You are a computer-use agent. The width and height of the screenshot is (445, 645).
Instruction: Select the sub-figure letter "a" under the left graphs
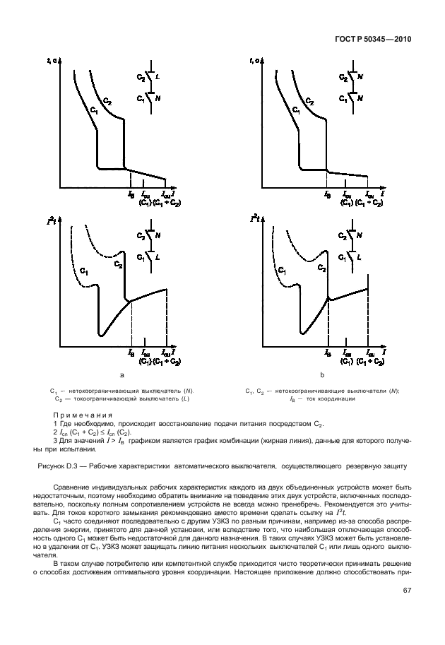(x=122, y=376)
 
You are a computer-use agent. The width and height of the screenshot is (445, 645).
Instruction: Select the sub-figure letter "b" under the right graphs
(x=323, y=376)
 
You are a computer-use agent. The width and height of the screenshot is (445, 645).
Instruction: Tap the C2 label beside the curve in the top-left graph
(x=107, y=101)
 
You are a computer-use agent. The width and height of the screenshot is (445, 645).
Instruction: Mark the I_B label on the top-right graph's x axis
(x=327, y=194)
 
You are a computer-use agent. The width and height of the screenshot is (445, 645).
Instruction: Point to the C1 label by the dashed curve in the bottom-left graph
(x=83, y=270)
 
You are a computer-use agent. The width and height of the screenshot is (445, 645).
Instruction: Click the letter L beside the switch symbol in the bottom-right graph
(x=360, y=259)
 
